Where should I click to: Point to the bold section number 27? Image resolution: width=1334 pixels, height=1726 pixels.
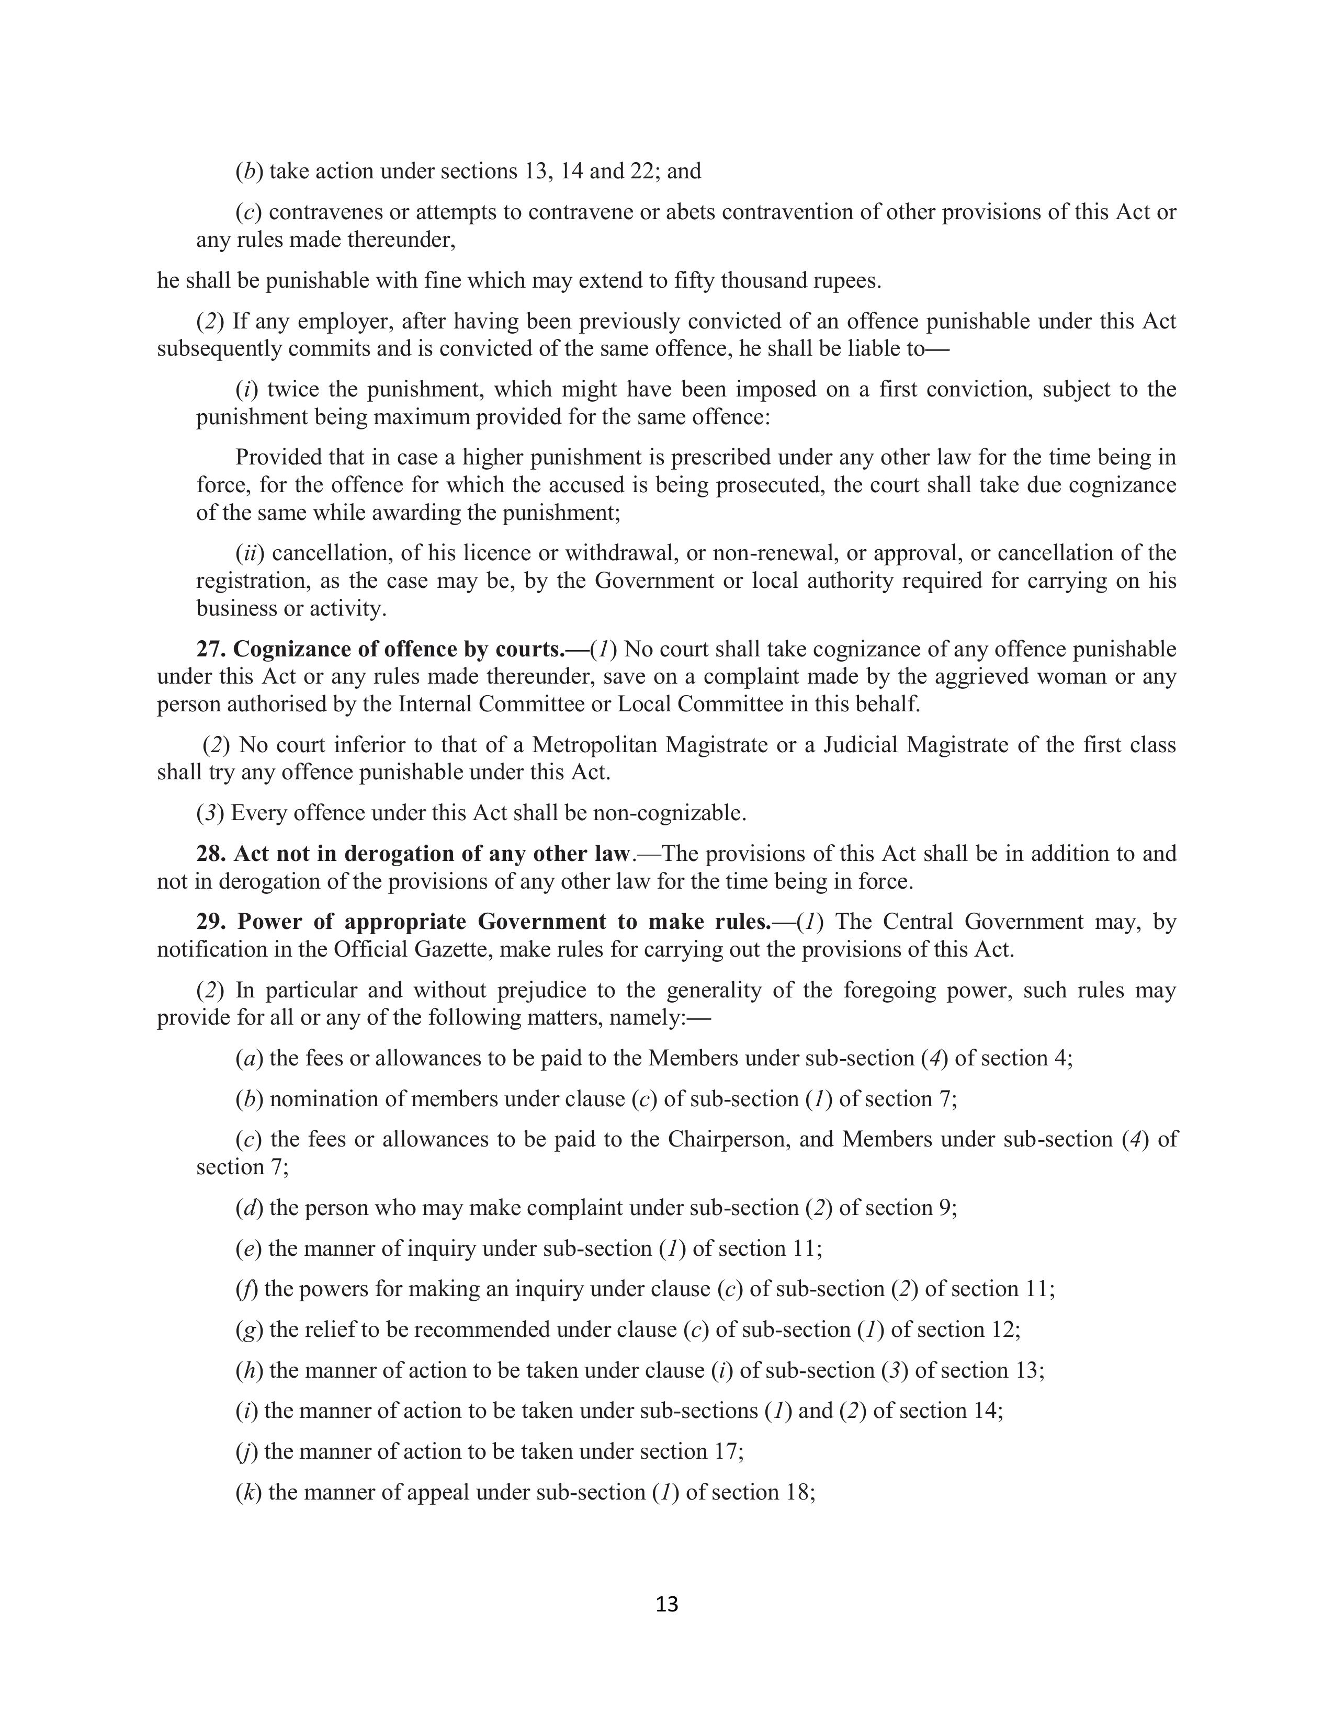click(210, 649)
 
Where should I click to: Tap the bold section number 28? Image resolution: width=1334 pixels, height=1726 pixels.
click(210, 854)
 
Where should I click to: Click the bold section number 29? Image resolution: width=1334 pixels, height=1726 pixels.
click(210, 922)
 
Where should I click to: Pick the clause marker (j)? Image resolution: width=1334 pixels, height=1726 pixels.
click(246, 1451)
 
